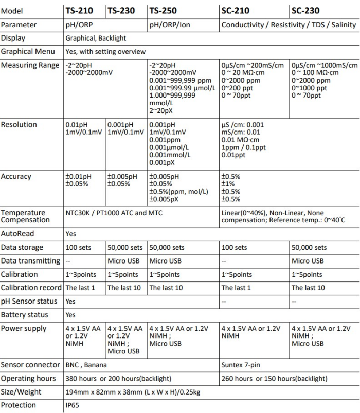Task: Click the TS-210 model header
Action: click(x=82, y=10)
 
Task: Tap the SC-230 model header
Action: click(x=305, y=10)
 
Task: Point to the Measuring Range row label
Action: click(x=30, y=65)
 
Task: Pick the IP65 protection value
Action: click(x=74, y=405)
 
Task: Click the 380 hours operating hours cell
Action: click(x=118, y=379)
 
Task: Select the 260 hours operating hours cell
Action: click(x=274, y=379)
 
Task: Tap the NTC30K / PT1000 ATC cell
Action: click(x=114, y=213)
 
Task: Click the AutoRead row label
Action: click(x=18, y=233)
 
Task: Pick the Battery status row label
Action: click(x=25, y=314)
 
